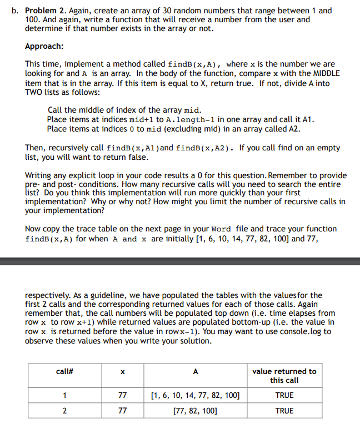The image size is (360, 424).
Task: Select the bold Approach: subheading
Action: point(44,46)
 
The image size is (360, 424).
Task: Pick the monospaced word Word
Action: point(222,229)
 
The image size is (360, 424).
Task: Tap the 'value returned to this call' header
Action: point(284,376)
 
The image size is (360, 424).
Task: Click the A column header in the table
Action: point(195,371)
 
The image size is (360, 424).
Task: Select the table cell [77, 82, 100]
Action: point(195,411)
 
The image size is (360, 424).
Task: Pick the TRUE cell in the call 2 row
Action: point(284,411)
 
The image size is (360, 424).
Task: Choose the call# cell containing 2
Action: point(65,411)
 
